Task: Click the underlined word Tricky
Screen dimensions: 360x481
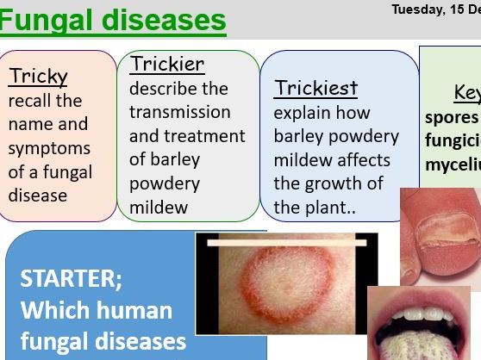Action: tap(38, 77)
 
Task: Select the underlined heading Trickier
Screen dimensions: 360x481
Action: tap(167, 64)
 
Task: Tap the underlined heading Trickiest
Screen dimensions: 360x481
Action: tap(315, 88)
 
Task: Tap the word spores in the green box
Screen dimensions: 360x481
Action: tap(452, 116)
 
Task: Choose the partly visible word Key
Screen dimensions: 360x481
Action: tap(466, 92)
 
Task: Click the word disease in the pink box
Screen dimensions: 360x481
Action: tap(38, 196)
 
